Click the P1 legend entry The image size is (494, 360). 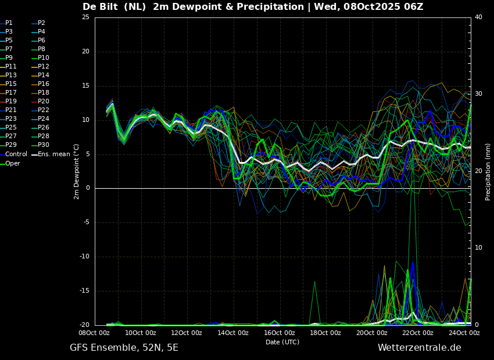(x=6, y=23)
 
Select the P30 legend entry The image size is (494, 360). (x=41, y=145)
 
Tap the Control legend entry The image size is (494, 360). (x=13, y=154)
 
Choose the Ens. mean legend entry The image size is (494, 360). (x=51, y=154)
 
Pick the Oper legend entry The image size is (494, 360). (x=10, y=163)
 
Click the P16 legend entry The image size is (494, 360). (x=41, y=84)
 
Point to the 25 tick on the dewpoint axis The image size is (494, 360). (x=85, y=17)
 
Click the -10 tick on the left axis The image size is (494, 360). (x=84, y=257)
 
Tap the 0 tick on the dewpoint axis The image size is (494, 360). (x=88, y=188)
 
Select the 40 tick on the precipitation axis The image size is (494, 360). (x=478, y=17)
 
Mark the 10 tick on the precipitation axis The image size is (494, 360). (x=478, y=248)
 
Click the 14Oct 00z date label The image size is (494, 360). (x=234, y=333)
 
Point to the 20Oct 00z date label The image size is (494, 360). (x=372, y=333)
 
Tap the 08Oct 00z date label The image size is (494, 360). (x=95, y=333)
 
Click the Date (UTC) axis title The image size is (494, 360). (x=282, y=342)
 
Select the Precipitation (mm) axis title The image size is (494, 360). (x=488, y=172)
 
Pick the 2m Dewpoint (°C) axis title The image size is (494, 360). (x=77, y=172)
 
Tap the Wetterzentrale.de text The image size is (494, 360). (x=420, y=348)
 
